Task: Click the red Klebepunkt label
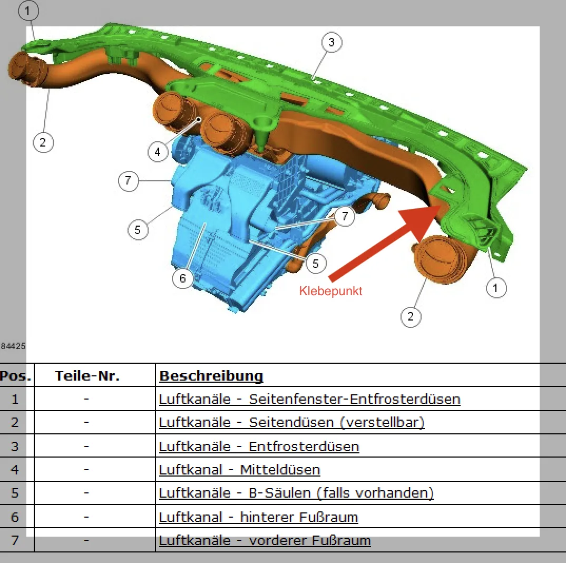[x=330, y=290]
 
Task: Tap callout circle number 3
[x=331, y=42]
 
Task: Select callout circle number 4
[x=158, y=152]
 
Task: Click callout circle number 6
[x=183, y=278]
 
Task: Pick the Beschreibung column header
[x=211, y=375]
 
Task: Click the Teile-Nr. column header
[x=87, y=375]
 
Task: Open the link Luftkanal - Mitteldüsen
[x=240, y=470]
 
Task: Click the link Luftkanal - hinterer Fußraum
[x=258, y=517]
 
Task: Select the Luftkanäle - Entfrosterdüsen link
[x=259, y=446]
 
